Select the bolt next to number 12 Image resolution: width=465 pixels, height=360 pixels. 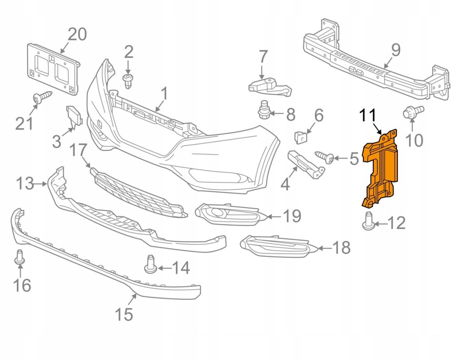[x=368, y=221]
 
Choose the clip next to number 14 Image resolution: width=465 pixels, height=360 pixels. [x=151, y=265]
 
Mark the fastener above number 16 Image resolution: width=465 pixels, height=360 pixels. [x=20, y=257]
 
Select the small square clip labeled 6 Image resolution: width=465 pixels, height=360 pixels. [x=300, y=136]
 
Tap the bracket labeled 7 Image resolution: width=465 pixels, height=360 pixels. [x=269, y=86]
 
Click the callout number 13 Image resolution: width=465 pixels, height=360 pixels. [x=25, y=184]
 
